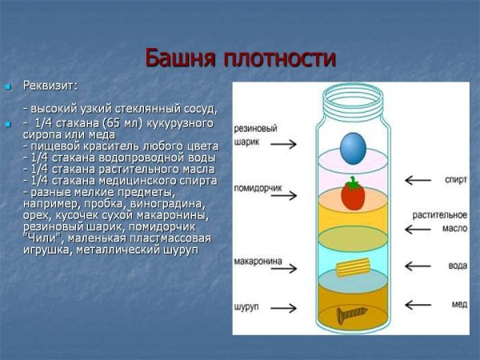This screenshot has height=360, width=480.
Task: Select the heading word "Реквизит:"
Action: click(x=50, y=86)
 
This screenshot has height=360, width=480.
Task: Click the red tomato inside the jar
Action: click(x=353, y=194)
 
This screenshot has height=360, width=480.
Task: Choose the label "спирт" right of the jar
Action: click(x=456, y=180)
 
